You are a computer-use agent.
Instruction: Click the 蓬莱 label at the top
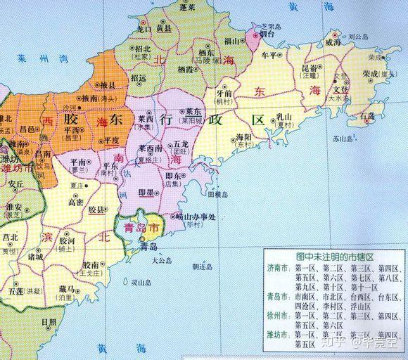[x=187, y=7]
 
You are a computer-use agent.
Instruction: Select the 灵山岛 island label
[x=141, y=282]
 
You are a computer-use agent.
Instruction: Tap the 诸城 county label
[x=35, y=257]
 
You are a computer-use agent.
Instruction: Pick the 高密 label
[x=76, y=202]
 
